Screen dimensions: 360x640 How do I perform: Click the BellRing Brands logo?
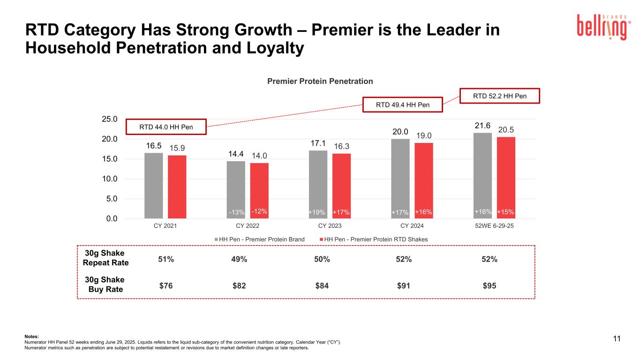tap(604, 26)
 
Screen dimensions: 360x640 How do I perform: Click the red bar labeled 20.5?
tap(506, 178)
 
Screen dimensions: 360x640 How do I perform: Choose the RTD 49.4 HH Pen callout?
tap(403, 105)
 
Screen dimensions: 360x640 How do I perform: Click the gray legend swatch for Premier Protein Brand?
tap(216, 239)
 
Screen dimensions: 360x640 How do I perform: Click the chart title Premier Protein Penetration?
tap(320, 81)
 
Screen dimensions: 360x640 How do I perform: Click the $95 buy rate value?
tap(490, 285)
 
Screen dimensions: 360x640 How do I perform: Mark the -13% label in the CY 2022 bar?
tap(237, 213)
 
